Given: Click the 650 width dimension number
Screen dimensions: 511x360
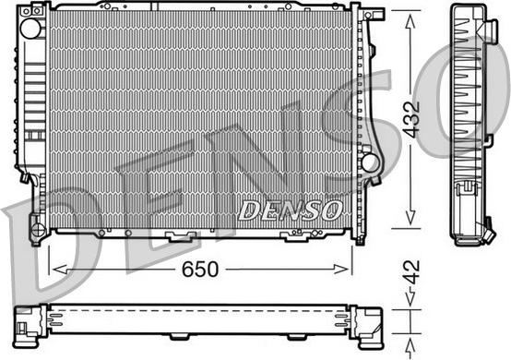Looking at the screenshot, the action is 200,270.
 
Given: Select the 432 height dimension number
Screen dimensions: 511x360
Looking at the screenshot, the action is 411,119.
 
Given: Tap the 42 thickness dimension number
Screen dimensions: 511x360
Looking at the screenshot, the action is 411,271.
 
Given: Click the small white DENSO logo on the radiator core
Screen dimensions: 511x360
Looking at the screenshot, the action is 291,210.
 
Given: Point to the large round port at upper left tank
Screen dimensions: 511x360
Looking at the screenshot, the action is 31,29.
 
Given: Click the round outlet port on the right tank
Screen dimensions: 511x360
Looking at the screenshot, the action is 370,163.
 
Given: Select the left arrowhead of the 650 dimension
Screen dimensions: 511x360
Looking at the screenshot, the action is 60,270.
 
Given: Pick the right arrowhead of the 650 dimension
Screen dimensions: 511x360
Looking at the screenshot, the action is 341,270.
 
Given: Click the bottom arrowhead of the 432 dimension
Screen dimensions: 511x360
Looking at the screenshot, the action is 410,218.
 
